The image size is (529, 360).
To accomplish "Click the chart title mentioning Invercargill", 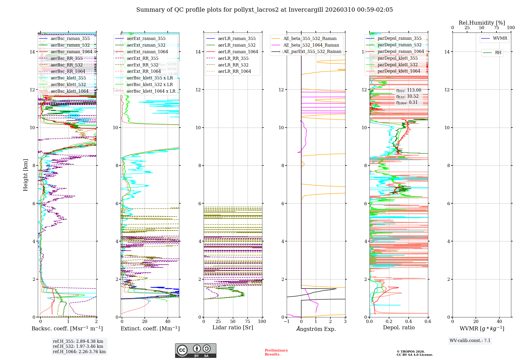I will click(x=264, y=10).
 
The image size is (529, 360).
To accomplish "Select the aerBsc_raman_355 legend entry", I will click(x=70, y=39).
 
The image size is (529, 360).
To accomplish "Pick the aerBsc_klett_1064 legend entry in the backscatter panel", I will click(x=69, y=91).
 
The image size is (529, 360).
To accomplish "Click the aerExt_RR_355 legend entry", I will click(x=143, y=58).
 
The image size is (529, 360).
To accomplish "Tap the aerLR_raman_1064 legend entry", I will click(x=238, y=52).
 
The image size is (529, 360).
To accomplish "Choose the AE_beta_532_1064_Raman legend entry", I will click(x=311, y=45).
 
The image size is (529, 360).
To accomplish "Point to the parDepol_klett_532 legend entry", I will click(x=398, y=65).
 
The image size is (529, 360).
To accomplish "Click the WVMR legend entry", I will click(x=500, y=38).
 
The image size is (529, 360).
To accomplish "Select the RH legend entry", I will click(x=498, y=53).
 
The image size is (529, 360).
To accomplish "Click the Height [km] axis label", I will click(x=25, y=175).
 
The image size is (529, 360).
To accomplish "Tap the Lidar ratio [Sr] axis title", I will click(x=233, y=328).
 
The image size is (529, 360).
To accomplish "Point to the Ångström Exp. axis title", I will click(x=316, y=329).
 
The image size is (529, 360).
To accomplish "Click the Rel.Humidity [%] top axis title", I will click(x=482, y=23).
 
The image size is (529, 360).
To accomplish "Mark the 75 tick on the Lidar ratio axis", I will click(x=248, y=322).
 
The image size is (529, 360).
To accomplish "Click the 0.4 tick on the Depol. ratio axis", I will click(x=408, y=322).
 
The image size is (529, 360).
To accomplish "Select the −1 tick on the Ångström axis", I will click(x=286, y=322).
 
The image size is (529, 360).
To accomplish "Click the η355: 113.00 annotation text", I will click(x=409, y=90).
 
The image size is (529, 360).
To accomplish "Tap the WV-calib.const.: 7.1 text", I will click(x=470, y=341).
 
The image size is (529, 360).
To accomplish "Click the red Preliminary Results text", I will click(x=276, y=352).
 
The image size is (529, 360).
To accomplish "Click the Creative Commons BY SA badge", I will click(x=195, y=351).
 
